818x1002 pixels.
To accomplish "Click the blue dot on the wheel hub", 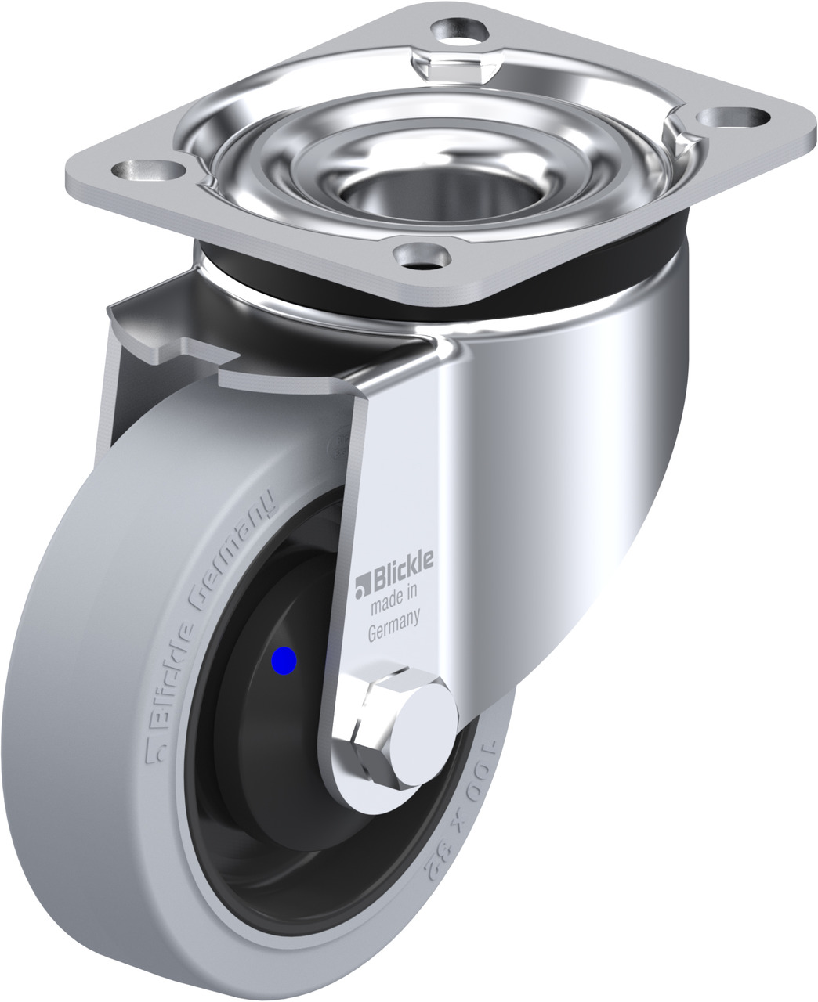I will pyautogui.click(x=284, y=661).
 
